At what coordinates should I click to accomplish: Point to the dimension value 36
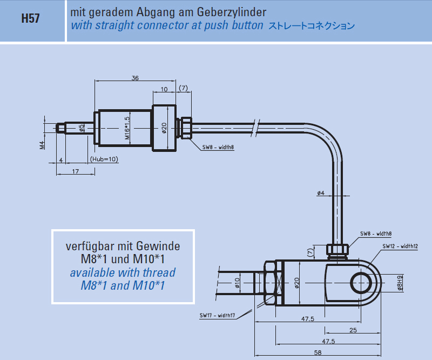[135, 78]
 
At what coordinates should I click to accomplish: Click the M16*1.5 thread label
[127, 128]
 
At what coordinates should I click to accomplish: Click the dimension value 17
[76, 171]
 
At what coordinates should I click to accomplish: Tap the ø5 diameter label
[82, 128]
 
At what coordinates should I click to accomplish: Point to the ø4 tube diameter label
[320, 193]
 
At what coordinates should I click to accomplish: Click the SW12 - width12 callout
[400, 246]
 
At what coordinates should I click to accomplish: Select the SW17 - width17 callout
[217, 316]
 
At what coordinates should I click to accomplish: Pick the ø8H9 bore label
[400, 284]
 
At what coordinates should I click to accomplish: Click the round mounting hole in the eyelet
[360, 283]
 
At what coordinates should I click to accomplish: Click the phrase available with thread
[123, 272]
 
